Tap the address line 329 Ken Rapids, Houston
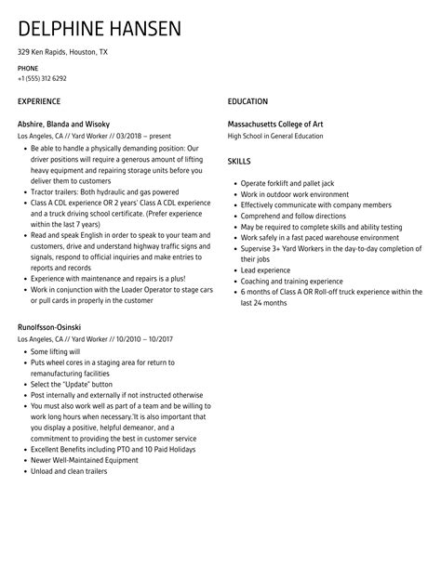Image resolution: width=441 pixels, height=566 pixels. (62, 52)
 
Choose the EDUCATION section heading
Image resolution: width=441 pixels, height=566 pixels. (247, 101)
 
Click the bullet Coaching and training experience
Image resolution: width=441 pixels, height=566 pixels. (291, 281)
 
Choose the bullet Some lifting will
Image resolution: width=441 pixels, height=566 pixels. (56, 352)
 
